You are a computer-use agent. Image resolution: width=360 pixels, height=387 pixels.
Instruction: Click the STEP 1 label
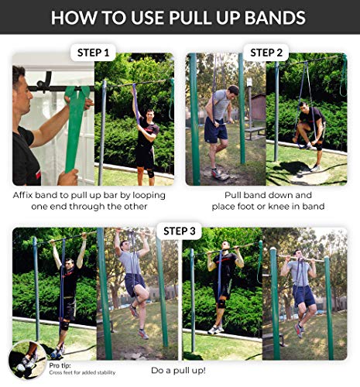tap(93, 53)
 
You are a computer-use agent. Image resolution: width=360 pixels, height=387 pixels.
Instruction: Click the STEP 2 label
tap(266, 53)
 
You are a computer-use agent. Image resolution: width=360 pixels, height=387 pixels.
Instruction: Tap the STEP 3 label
tap(179, 230)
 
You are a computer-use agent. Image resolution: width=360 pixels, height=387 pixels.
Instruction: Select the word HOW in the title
tap(71, 17)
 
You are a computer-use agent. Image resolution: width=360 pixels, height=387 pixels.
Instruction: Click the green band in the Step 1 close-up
tap(75, 124)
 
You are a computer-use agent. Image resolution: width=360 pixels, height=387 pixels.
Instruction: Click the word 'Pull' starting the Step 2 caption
tap(235, 196)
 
